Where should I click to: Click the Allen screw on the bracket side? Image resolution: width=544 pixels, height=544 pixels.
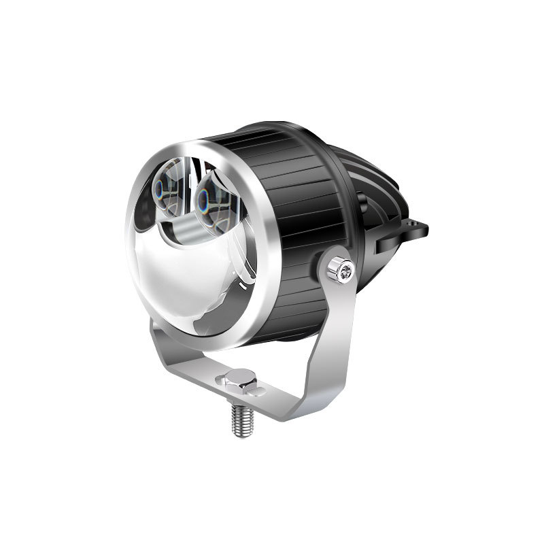click(340, 271)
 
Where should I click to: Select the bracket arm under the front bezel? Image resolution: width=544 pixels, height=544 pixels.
click(161, 347)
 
